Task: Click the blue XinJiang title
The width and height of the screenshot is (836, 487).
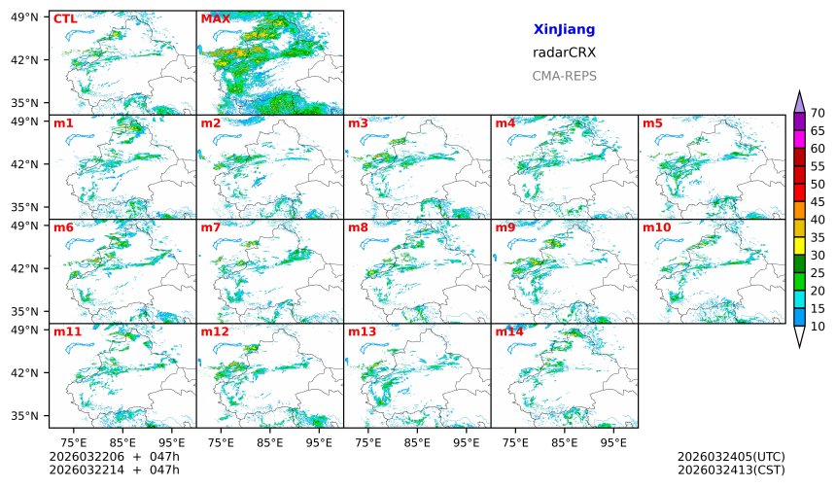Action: [564, 30]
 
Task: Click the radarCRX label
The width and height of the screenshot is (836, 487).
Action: [564, 53]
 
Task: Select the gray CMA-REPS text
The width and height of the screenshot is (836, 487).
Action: [564, 76]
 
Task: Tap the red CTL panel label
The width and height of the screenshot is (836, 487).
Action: [65, 18]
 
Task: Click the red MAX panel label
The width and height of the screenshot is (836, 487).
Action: [215, 18]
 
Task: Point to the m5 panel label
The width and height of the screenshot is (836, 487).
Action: [652, 123]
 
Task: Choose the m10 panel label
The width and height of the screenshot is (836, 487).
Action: [656, 227]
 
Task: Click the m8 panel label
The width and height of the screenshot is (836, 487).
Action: [358, 227]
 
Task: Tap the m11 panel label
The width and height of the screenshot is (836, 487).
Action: [68, 332]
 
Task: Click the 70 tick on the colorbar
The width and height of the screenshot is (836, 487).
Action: [818, 114]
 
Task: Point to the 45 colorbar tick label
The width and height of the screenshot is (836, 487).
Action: [818, 202]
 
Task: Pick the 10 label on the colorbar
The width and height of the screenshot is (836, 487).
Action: [818, 327]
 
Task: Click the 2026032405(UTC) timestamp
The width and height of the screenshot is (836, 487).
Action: [730, 457]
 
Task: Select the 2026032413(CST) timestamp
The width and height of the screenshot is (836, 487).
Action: [730, 470]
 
